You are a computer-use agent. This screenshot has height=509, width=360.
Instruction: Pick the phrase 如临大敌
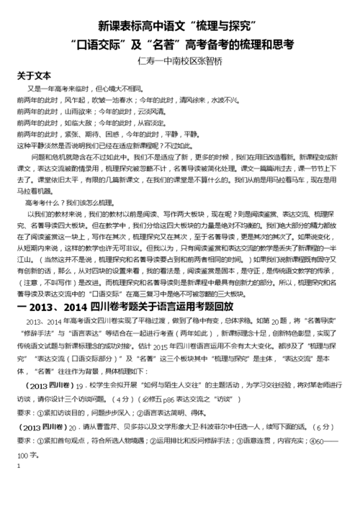coord(81,123)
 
